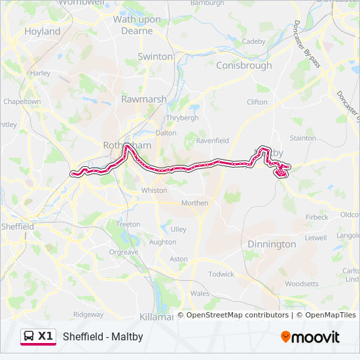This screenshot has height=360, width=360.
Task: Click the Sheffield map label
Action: pyautogui.click(x=18, y=226)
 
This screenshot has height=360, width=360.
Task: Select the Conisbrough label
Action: pyautogui.click(x=243, y=65)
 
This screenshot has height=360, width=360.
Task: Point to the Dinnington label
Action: pyautogui.click(x=272, y=244)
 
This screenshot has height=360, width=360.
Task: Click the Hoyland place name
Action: pyautogui.click(x=42, y=31)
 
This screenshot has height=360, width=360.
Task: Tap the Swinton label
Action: pyautogui.click(x=154, y=57)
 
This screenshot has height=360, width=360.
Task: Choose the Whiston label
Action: pyautogui.click(x=154, y=190)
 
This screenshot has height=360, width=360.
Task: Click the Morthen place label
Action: pyautogui.click(x=194, y=203)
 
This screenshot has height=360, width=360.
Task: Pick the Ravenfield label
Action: pyautogui.click(x=212, y=139)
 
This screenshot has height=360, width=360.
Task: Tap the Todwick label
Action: pyautogui.click(x=221, y=274)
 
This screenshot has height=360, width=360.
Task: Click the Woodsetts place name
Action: pyautogui.click(x=302, y=284)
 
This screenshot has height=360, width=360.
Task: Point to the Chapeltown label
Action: pyautogui.click(x=22, y=102)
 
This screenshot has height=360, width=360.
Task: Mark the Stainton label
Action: pyautogui.click(x=302, y=138)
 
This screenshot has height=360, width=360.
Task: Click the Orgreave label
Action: pyautogui.click(x=124, y=251)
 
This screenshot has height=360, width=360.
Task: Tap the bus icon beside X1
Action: pyautogui.click(x=29, y=336)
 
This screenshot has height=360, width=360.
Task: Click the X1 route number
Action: pyautogui.click(x=45, y=336)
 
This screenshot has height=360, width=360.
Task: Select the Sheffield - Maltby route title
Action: pyautogui.click(x=103, y=337)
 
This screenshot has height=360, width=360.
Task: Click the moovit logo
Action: pyautogui.click(x=310, y=337)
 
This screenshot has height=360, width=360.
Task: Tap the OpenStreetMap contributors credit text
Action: pyautogui.click(x=238, y=315)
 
